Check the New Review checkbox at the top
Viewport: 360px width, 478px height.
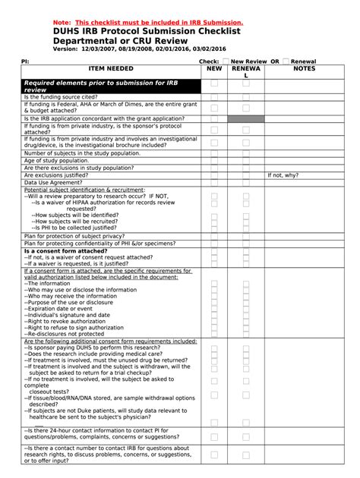[225, 60]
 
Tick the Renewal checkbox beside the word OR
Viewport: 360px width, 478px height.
[285, 60]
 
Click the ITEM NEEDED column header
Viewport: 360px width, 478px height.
[110, 68]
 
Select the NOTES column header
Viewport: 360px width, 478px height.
[304, 68]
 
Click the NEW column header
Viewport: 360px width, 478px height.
[214, 68]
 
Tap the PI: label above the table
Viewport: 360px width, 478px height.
[25, 60]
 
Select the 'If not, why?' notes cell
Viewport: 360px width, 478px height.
[283, 175]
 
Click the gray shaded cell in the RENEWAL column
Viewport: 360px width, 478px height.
[246, 118]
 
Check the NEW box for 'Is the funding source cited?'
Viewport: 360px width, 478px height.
[214, 97]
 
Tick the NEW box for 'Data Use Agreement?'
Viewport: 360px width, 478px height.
[214, 182]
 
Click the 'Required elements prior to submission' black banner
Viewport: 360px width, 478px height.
[110, 85]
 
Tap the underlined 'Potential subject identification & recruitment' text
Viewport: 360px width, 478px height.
[84, 189]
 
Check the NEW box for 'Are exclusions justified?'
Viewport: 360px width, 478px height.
[214, 175]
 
